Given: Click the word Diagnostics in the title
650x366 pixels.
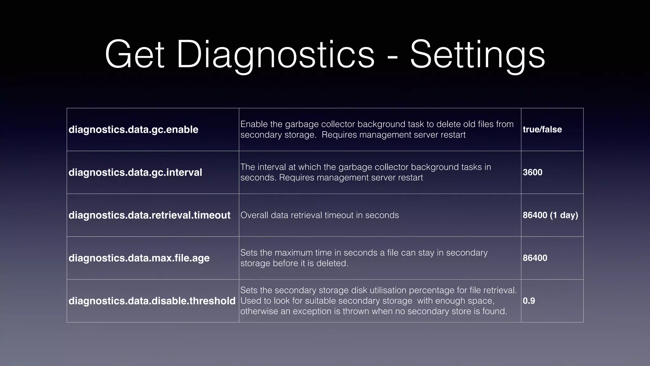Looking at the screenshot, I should [275, 55].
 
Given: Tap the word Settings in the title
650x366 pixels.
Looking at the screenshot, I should [477, 55].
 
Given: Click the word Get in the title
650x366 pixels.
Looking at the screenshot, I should [135, 55].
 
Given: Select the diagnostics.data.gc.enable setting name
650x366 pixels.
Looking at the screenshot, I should [133, 130].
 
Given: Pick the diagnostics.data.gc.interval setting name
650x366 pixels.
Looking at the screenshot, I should [135, 173].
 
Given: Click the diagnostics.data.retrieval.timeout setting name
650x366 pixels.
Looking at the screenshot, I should [149, 215].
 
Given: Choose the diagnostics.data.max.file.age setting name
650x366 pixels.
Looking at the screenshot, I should [139, 258].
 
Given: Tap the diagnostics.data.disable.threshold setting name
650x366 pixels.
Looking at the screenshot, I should [152, 301].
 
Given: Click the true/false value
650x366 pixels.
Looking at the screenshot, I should [542, 130].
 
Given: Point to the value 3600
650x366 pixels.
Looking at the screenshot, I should [533, 173].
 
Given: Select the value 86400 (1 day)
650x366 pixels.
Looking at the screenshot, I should [550, 215].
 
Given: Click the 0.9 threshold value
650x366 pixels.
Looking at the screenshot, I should [529, 301].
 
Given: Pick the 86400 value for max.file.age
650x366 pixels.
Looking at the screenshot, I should [535, 258].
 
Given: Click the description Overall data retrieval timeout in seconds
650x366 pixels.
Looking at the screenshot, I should [320, 215].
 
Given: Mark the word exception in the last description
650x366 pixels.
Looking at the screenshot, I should [312, 311].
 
